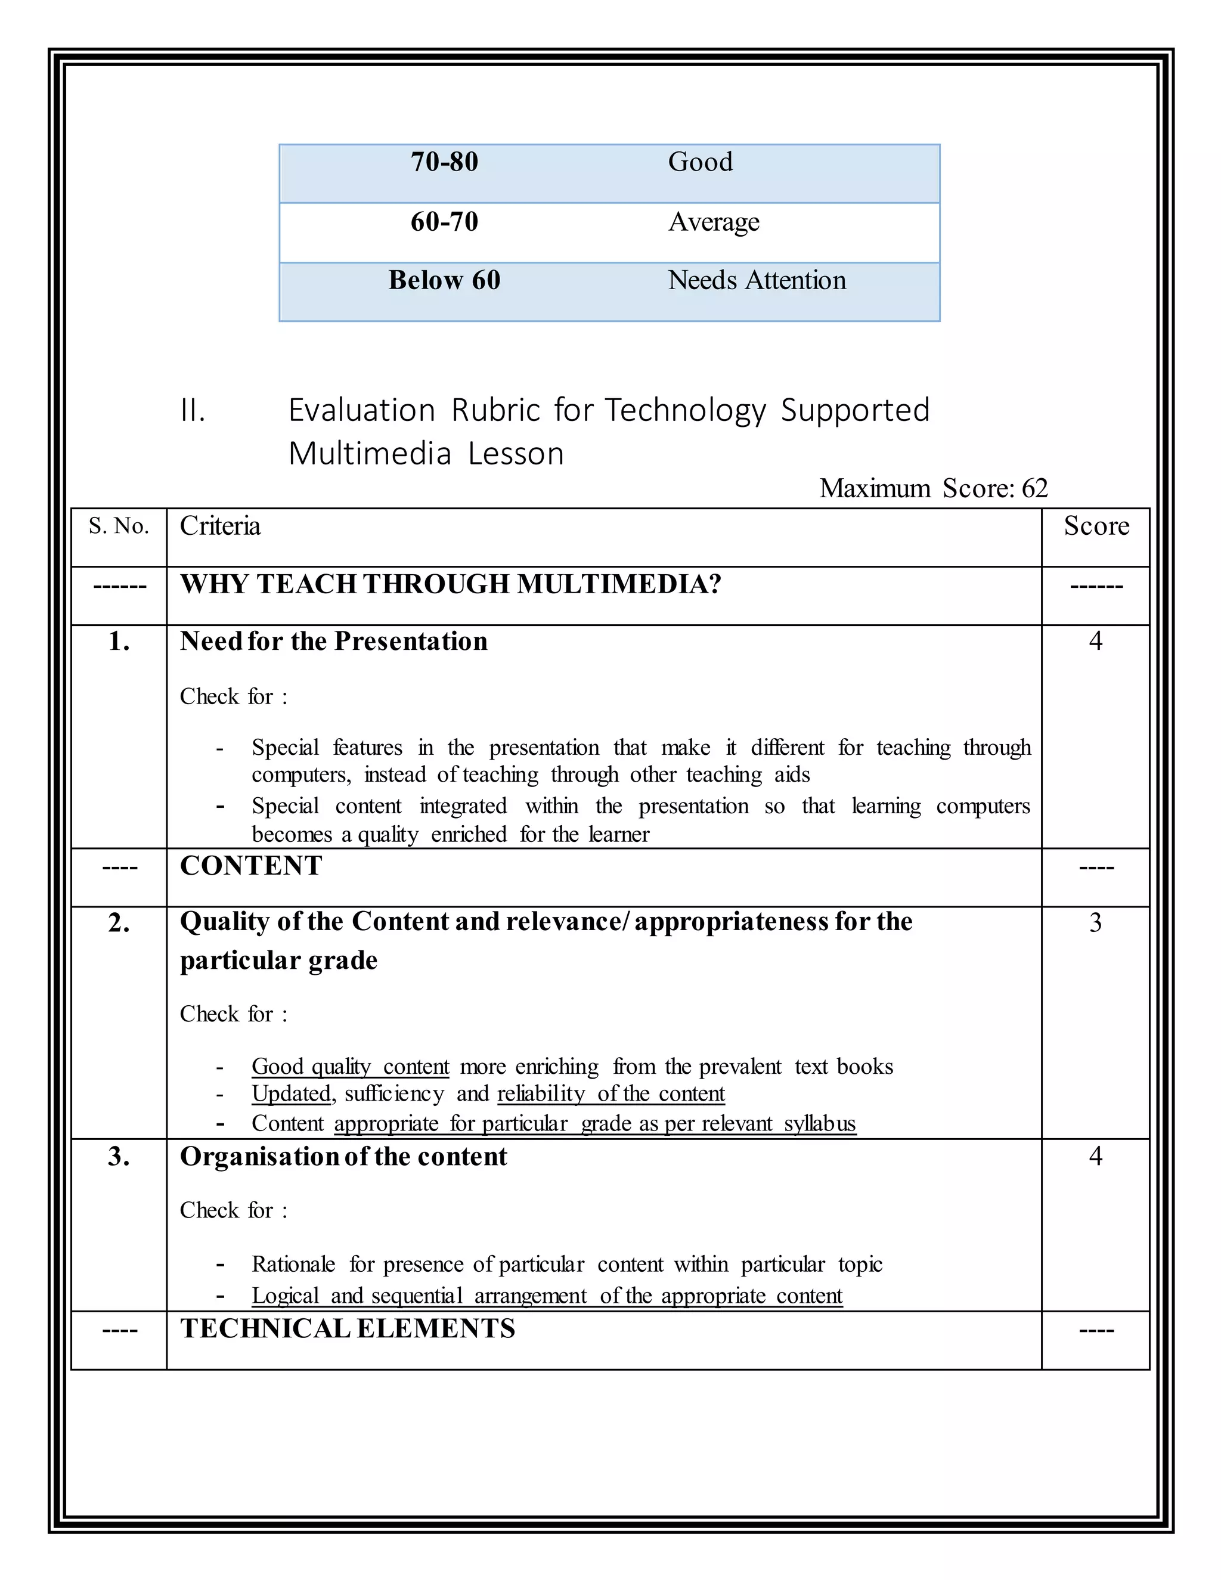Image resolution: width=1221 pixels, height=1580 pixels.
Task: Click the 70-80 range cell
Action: coord(444,162)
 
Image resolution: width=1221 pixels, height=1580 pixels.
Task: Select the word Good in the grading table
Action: coord(699,162)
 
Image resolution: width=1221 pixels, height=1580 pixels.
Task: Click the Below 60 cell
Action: coord(444,281)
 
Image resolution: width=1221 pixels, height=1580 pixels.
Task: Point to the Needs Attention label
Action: coord(756,281)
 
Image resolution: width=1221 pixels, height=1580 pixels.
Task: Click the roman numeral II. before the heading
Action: coord(193,411)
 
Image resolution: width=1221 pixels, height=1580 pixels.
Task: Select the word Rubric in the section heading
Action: coord(495,411)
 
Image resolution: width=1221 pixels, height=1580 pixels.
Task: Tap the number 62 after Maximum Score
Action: coord(1034,489)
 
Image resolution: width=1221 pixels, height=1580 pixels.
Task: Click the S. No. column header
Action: coord(119,526)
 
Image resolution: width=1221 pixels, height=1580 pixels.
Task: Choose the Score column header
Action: coord(1096,526)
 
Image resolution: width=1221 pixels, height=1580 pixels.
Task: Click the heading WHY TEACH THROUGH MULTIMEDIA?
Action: coord(450,584)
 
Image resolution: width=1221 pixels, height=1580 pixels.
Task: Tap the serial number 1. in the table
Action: coord(119,642)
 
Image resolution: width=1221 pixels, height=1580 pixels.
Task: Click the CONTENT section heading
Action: coord(250,866)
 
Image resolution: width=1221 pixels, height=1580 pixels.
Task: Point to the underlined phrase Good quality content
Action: coord(350,1067)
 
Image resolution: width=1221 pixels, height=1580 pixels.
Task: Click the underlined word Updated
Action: coord(291,1094)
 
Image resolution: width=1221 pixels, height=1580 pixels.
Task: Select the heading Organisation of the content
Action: coord(343,1157)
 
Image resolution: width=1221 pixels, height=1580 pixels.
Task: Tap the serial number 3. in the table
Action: coord(119,1157)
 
